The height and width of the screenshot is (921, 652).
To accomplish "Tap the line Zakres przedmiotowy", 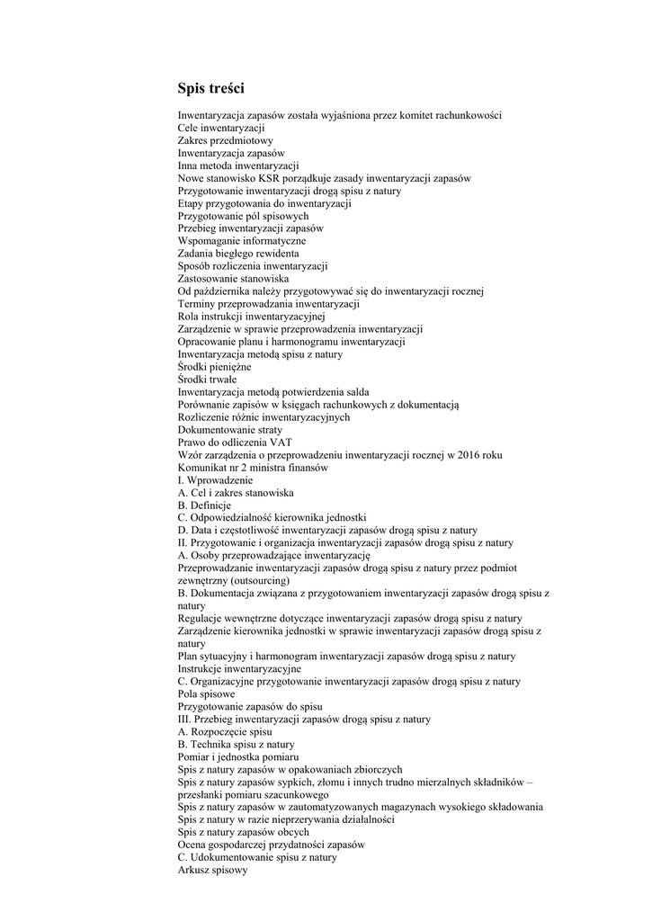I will coord(226,140).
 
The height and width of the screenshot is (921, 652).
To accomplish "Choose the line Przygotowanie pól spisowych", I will coord(243,216).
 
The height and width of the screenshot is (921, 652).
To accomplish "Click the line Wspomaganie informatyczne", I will coord(241,241).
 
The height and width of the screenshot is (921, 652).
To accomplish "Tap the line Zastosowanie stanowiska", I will coord(233,279).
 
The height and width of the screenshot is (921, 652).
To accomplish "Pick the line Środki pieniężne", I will coord(214,367).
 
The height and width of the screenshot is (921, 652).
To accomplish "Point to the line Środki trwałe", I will coord(207,380).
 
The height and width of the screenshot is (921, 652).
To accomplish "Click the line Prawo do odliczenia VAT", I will coord(235,443).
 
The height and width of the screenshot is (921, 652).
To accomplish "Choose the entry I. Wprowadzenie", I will coord(215,480).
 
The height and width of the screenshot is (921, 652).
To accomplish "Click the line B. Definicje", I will coord(204,505).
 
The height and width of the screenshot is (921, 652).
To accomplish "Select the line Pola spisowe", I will coord(207,694).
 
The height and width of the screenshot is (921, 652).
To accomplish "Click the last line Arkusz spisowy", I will coord(212,871).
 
